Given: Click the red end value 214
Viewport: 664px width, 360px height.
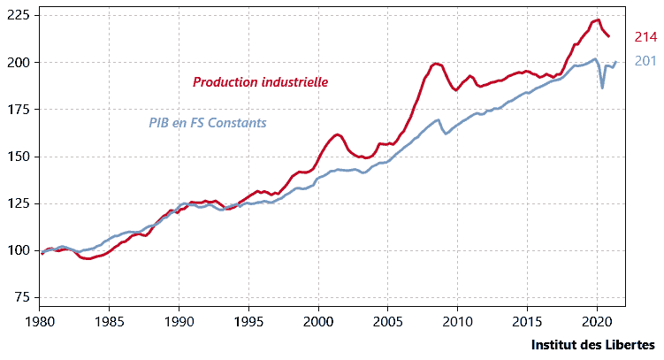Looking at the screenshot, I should tap(645, 37).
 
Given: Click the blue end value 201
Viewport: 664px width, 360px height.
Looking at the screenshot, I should tap(645, 61).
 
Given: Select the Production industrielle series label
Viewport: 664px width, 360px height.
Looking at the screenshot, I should tap(261, 81).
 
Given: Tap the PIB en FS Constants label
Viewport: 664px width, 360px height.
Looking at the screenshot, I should tap(207, 123).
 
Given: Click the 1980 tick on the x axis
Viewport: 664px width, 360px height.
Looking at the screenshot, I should tap(40, 319).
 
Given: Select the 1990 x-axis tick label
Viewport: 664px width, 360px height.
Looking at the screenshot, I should tap(179, 319).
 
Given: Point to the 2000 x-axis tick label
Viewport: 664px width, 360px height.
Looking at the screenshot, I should tap(318, 319).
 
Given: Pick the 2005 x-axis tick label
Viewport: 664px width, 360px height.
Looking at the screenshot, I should tap(387, 319).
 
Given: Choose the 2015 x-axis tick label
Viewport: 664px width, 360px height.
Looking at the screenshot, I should tap(527, 319).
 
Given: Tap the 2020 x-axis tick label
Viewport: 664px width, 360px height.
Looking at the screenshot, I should tap(596, 319).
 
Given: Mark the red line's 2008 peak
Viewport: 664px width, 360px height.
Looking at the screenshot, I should tap(436, 64).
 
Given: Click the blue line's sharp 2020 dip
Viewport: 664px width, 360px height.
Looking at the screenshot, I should tap(602, 88).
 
